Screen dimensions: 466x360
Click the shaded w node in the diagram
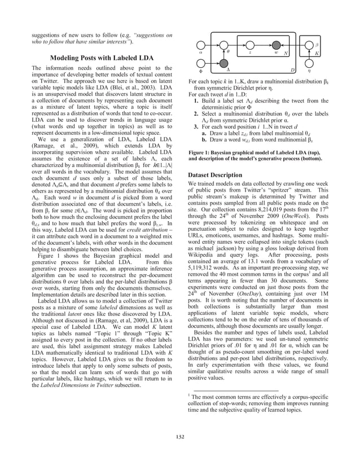pyautogui.click(x=276, y=46)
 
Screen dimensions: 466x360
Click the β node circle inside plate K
pyautogui.click(x=310, y=46)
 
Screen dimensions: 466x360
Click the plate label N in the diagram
pyautogui.click(x=286, y=52)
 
